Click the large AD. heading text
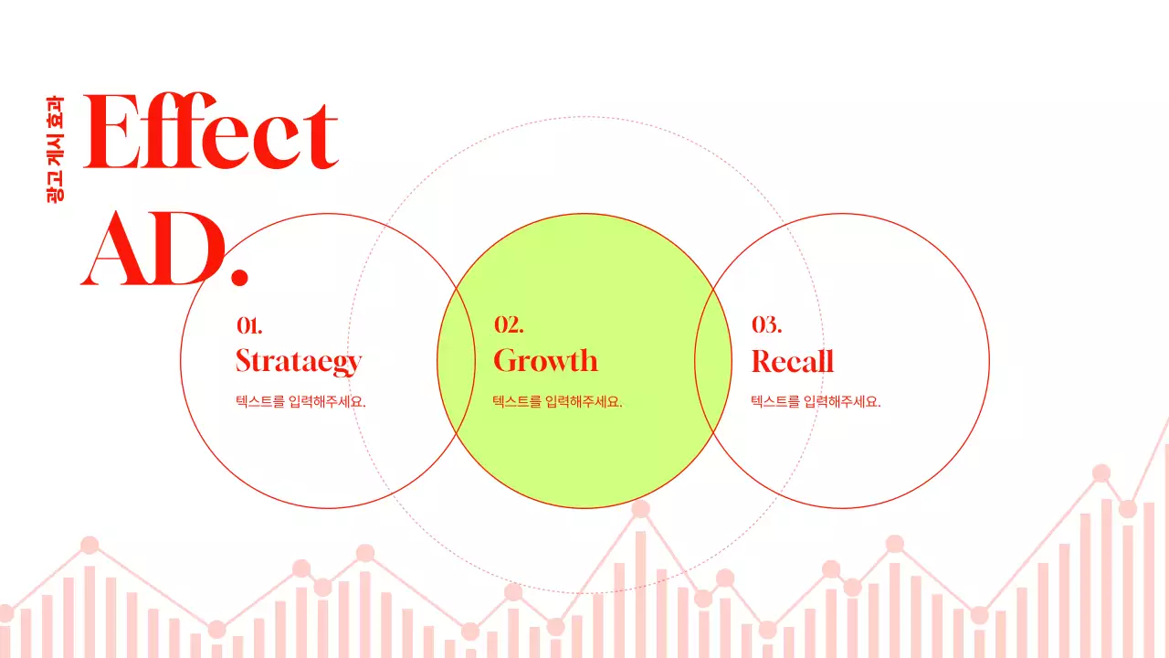164,249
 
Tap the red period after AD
239,274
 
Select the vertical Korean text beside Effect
56,148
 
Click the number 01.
249,325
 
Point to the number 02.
508,325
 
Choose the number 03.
766,325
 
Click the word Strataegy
299,361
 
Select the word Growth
545,361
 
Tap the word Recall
792,362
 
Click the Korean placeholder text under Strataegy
300,401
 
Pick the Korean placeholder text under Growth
558,401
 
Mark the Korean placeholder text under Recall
816,401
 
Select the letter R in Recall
763,362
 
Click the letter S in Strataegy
244,361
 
